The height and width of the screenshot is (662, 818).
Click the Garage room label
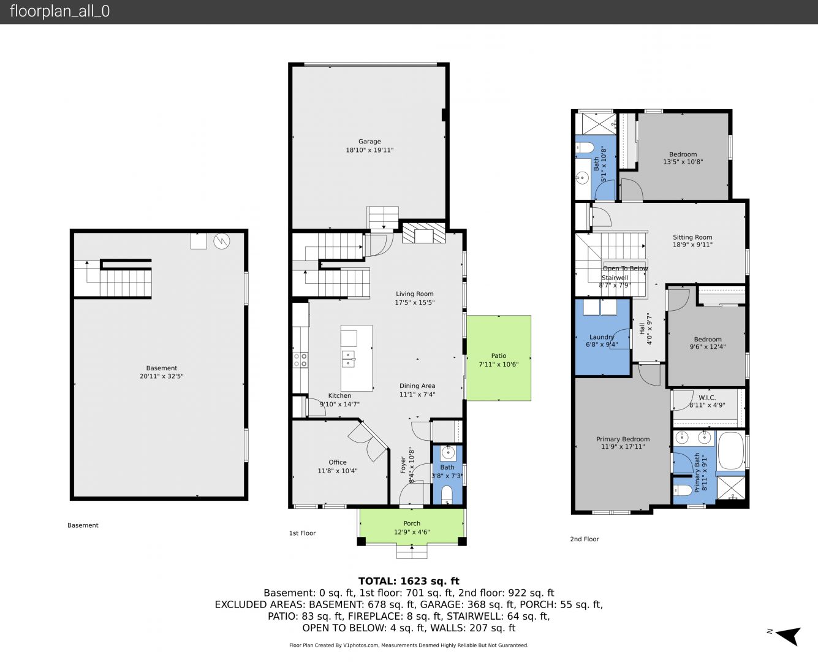[x=369, y=142]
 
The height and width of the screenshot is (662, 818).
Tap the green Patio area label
[x=499, y=356]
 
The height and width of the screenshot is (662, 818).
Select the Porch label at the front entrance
[x=412, y=523]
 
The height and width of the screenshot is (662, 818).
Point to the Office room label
[x=337, y=462]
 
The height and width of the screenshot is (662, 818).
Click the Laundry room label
[x=602, y=337]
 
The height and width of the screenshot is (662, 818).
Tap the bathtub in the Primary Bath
[x=731, y=451]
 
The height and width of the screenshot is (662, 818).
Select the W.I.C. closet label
[x=707, y=398]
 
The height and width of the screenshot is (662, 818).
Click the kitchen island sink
[x=348, y=359]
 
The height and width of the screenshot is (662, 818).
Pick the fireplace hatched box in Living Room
[x=423, y=233]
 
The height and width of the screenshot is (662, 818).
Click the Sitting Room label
[x=692, y=237]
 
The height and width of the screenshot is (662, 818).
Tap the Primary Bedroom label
[x=623, y=439]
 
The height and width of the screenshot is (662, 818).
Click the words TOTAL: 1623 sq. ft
[x=409, y=581]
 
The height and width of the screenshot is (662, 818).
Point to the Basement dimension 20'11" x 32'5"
[x=161, y=376]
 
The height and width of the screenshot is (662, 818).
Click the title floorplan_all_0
[x=59, y=11]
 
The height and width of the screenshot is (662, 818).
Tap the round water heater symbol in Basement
[x=222, y=241]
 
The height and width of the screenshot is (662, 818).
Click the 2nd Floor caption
[x=584, y=539]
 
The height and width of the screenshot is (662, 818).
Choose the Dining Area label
[x=417, y=386]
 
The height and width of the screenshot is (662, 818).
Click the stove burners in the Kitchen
[x=300, y=360]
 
